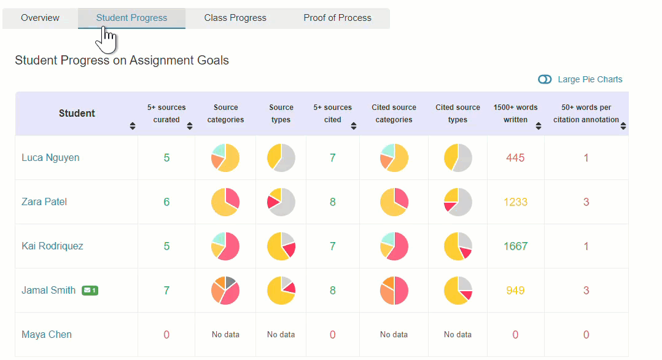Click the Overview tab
[40, 18]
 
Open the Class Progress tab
[235, 18]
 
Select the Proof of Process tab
[337, 18]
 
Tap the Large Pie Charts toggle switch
[545, 79]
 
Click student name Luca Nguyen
[50, 158]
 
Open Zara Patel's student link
[44, 202]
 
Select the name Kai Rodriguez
[52, 246]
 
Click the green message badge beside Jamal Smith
[90, 291]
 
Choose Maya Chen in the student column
[47, 335]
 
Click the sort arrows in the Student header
[133, 126]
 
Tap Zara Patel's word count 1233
[515, 202]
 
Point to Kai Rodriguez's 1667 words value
[515, 246]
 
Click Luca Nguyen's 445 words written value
[515, 158]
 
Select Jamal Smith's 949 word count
[515, 291]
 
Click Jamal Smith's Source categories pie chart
[225, 291]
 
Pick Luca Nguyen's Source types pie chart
[281, 158]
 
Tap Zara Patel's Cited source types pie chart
[458, 202]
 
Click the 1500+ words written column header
[515, 114]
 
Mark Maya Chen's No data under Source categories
[225, 335]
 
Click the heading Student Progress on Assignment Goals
[122, 61]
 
